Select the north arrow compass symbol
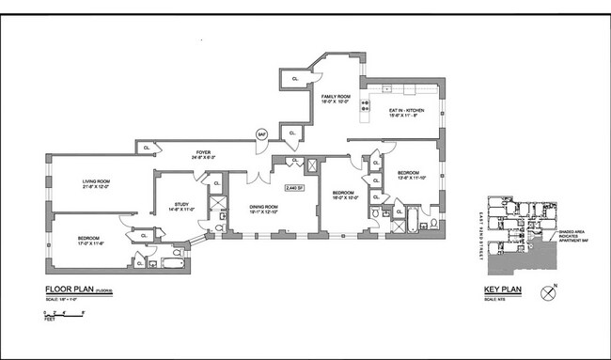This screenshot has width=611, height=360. [549, 291]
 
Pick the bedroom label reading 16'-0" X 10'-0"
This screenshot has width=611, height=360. [339, 195]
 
